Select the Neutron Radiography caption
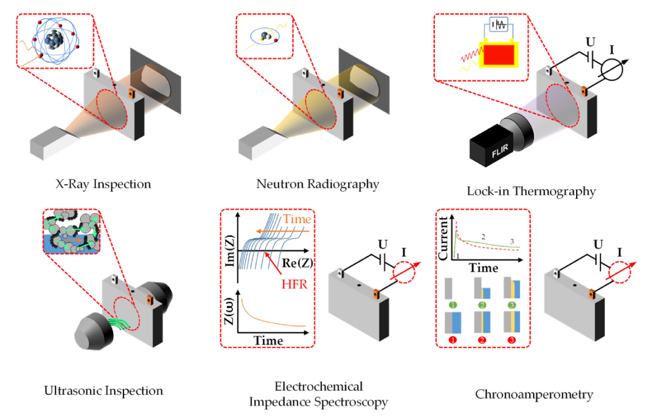tap(318, 183)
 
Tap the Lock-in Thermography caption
tap(531, 191)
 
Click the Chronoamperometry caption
tap(534, 394)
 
